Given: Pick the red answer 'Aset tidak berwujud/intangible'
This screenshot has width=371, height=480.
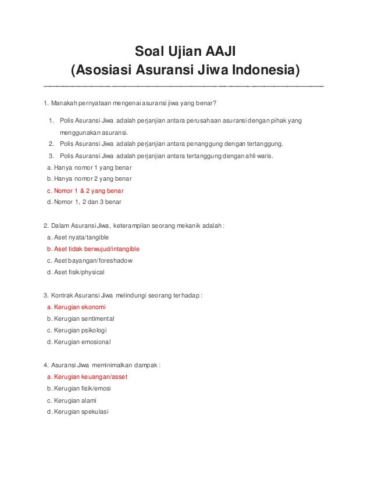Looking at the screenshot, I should (x=92, y=249).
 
